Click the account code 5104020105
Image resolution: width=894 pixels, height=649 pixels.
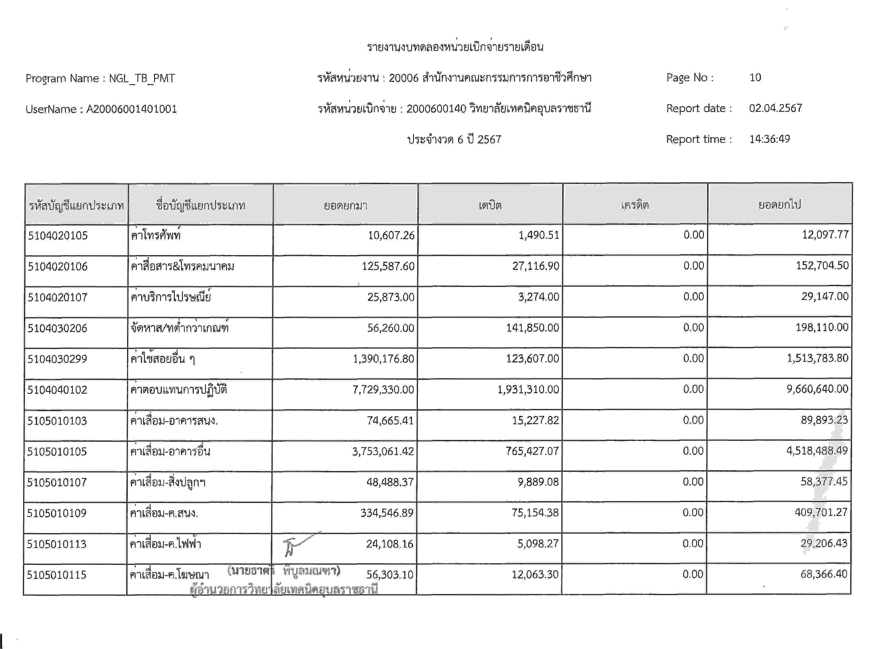[x=58, y=236]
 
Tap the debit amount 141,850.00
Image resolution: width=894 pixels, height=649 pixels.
[x=532, y=328]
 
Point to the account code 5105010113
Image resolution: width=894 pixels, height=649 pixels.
[x=56, y=544]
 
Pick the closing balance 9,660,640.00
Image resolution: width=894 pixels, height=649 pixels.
[x=817, y=389]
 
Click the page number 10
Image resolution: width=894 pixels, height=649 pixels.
[x=755, y=78]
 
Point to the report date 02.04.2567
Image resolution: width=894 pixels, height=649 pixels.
[x=775, y=108]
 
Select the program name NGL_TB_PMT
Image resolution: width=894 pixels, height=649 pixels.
[x=142, y=78]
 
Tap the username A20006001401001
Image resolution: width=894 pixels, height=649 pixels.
[x=132, y=109]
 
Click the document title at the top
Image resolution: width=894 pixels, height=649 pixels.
[x=455, y=47]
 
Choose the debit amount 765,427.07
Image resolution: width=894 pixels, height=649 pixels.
[x=532, y=451]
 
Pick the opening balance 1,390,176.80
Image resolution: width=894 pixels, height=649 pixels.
[x=383, y=359]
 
